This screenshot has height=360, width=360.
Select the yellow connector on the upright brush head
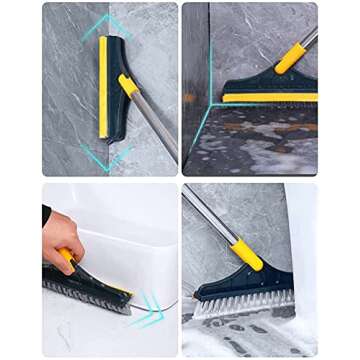point(128,85)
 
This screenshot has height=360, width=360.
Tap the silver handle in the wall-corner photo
point(310,36)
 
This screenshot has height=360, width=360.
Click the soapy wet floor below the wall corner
point(260,145)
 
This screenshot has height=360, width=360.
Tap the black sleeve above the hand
point(45,214)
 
